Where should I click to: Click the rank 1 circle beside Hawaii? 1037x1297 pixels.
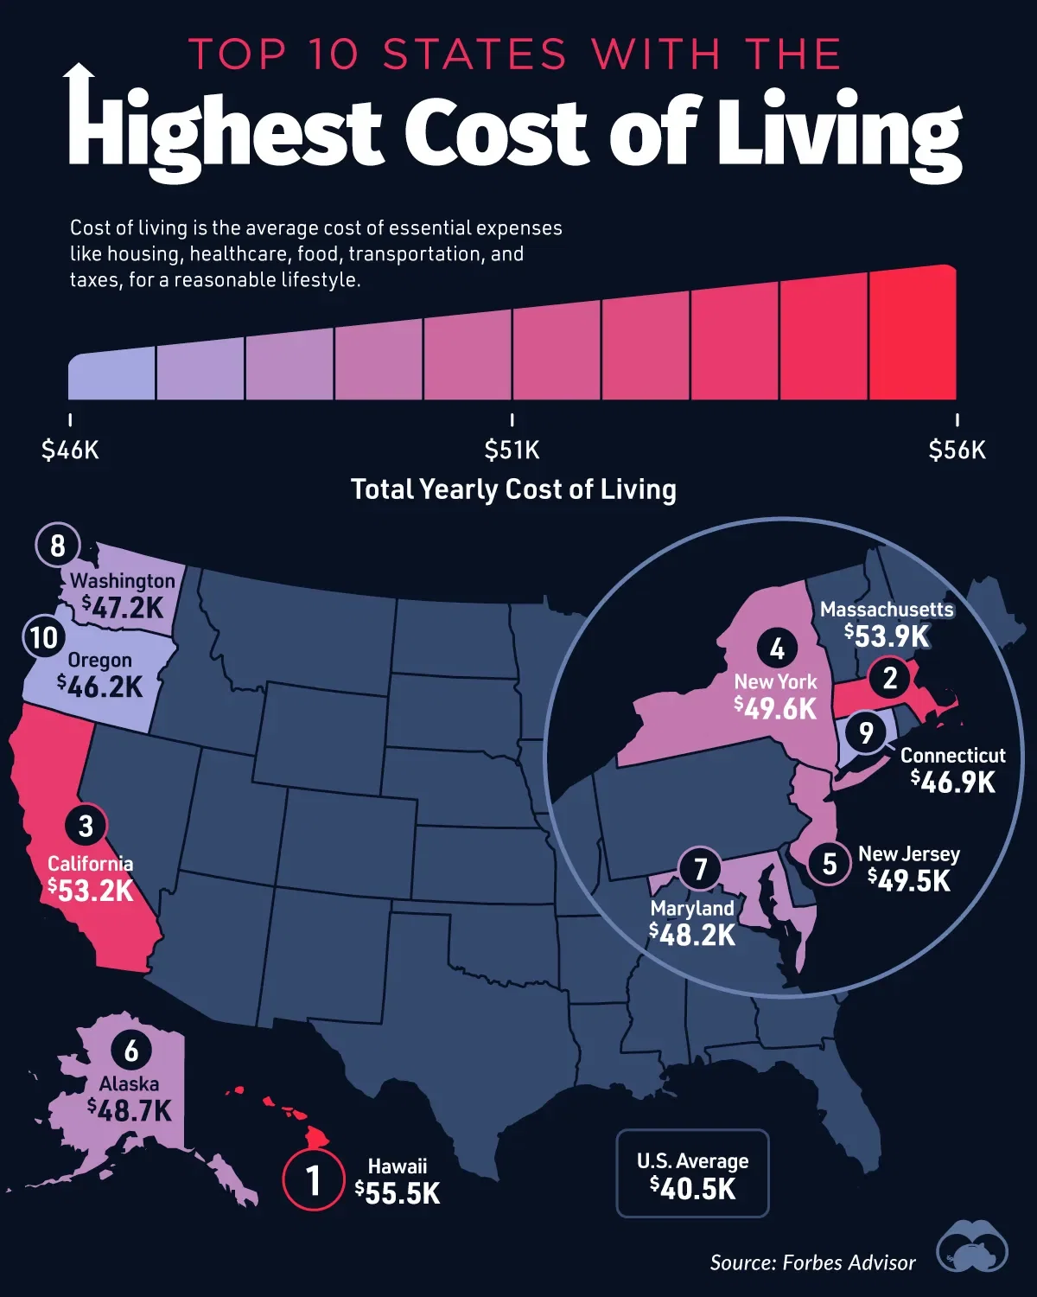tap(313, 1179)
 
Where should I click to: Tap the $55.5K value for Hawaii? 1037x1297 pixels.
tap(398, 1193)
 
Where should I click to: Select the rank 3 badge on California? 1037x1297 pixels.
tap(85, 826)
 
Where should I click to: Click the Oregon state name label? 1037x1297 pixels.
tap(100, 661)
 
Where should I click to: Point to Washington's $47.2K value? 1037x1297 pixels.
tap(123, 608)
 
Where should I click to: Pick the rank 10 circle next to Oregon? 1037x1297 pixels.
tap(44, 637)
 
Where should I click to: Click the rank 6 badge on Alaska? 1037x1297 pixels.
tap(131, 1051)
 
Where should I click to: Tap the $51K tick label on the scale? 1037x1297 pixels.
tap(512, 450)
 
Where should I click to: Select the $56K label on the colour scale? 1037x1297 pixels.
tap(957, 450)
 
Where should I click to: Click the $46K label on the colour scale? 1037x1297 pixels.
tap(70, 450)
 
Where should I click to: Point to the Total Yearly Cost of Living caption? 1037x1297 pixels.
tap(513, 489)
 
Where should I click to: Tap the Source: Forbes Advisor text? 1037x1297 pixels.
tap(812, 1262)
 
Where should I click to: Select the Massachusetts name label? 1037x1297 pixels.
tap(887, 610)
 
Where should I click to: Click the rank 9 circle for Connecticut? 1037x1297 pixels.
tap(866, 733)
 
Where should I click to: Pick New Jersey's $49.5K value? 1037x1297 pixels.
tap(909, 881)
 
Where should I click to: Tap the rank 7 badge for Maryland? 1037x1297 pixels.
tap(701, 868)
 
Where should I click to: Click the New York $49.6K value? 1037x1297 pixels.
tap(775, 709)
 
